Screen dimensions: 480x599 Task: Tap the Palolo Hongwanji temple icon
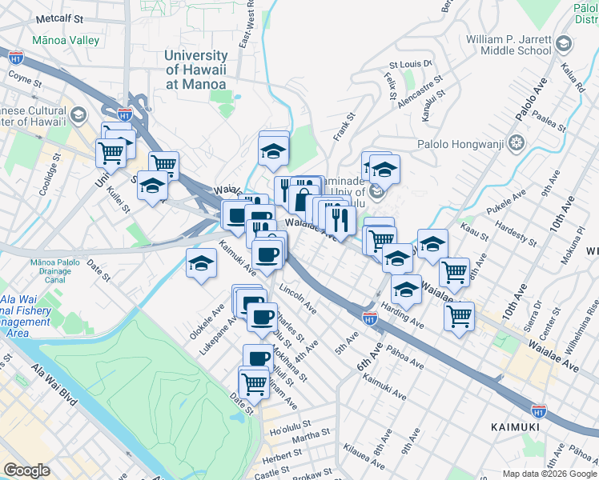[x=517, y=143]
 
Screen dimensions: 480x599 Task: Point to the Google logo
[x=26, y=470]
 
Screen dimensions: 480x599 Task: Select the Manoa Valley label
[x=66, y=40]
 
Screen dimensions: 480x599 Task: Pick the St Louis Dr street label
[x=410, y=64]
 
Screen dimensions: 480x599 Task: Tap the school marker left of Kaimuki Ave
[x=202, y=263]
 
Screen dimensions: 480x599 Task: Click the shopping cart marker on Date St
[x=254, y=382]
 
